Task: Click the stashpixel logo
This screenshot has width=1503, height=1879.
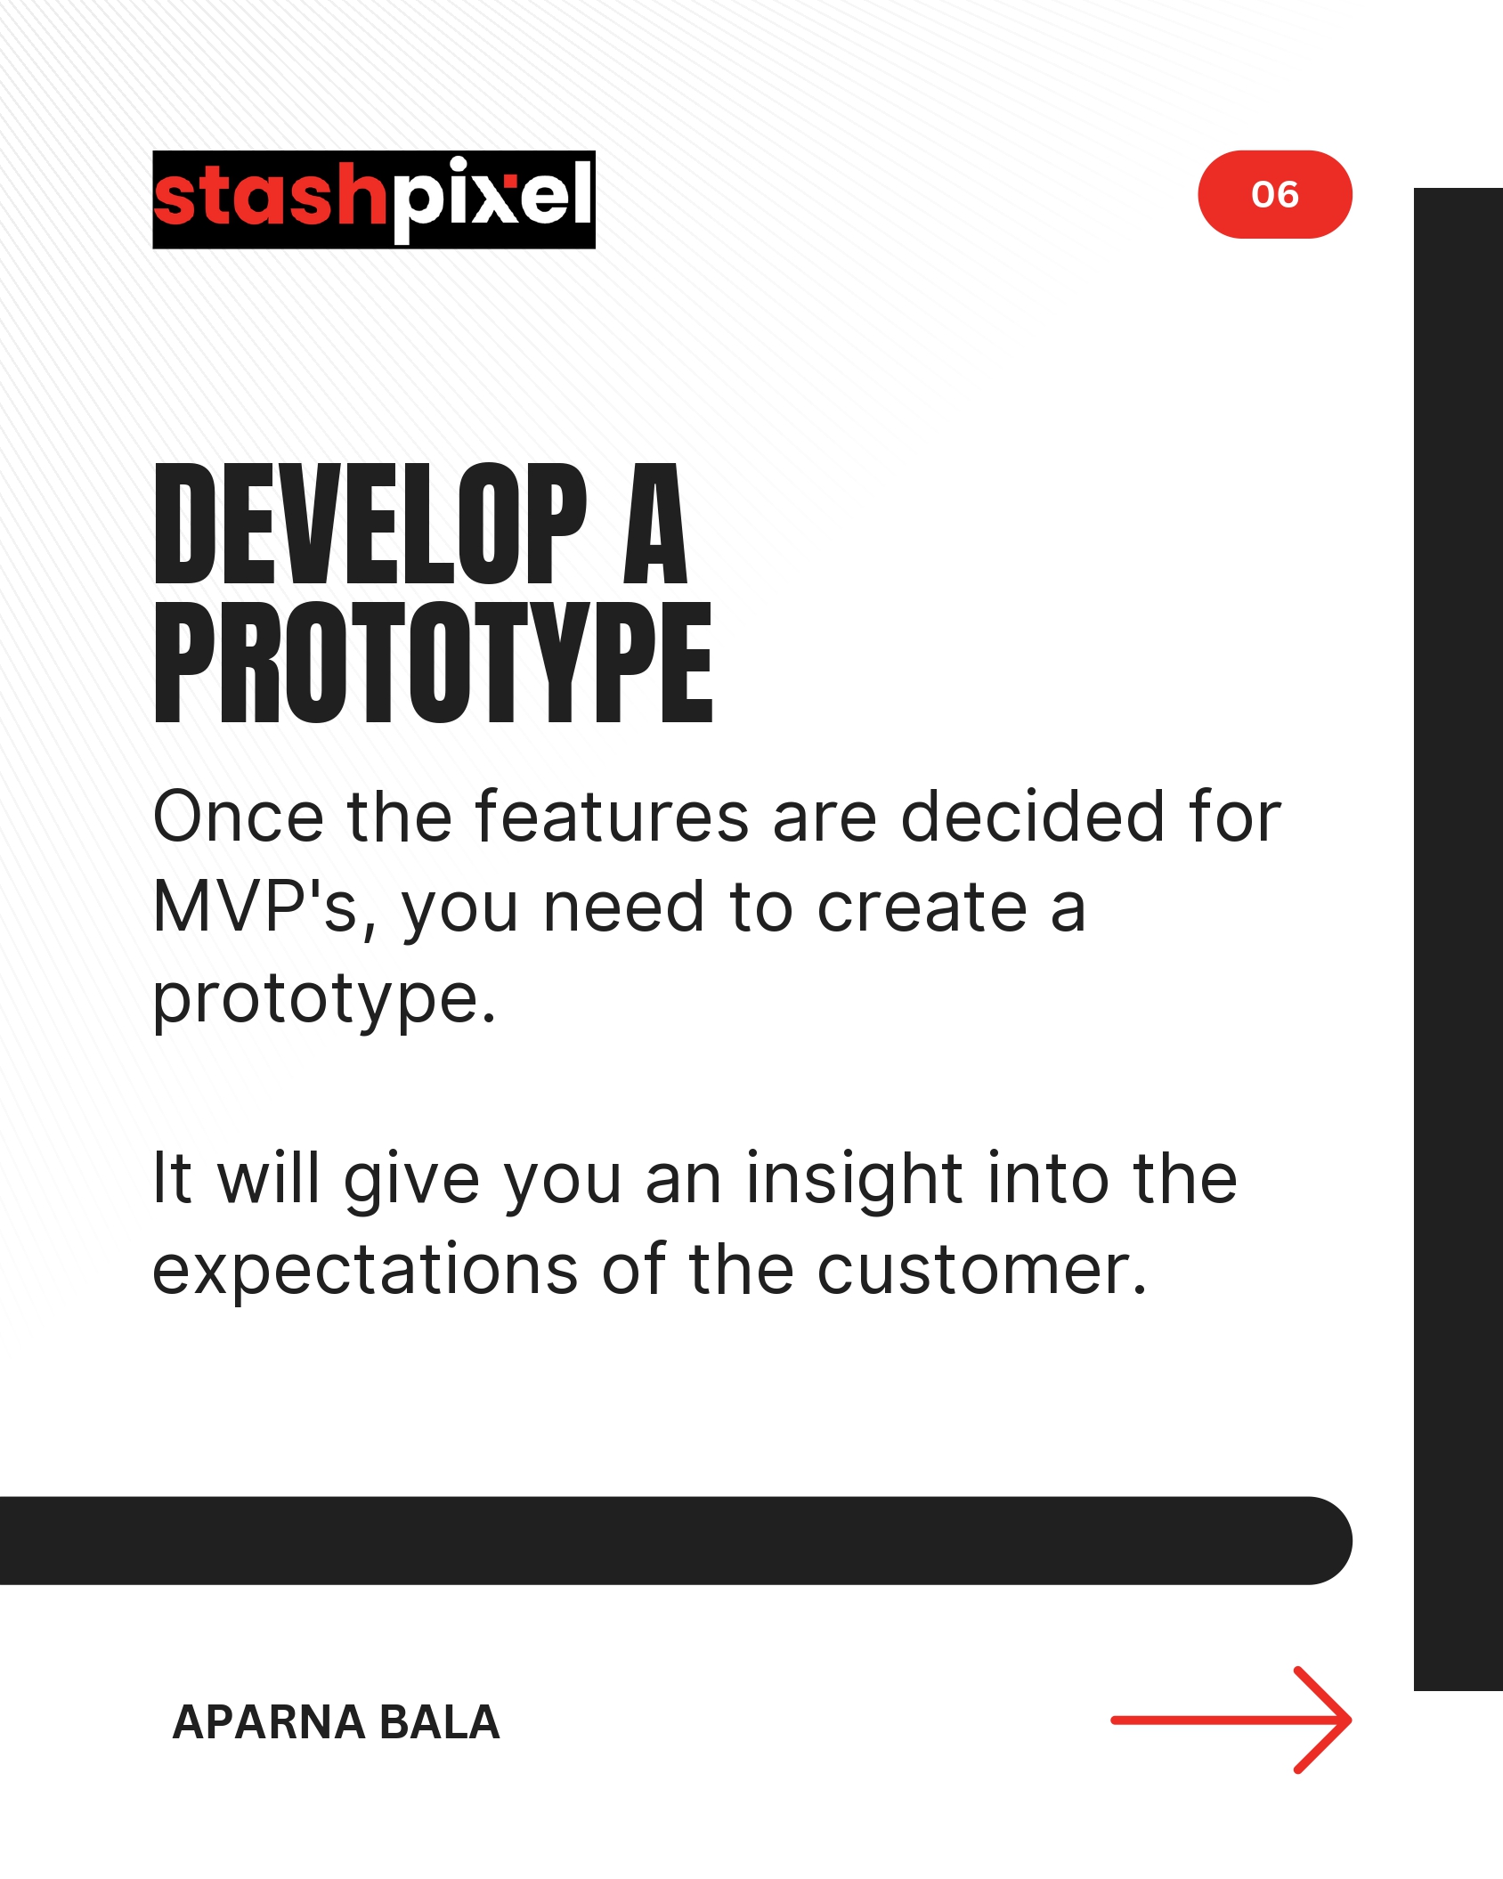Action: pyautogui.click(x=374, y=199)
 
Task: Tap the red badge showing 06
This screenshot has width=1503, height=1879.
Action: pyautogui.click(x=1275, y=194)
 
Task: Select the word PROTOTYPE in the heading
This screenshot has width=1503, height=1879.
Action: pyautogui.click(x=434, y=662)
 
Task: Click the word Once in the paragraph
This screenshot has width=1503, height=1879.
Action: pyautogui.click(x=239, y=816)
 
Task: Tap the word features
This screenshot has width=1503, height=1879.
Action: pyautogui.click(x=613, y=816)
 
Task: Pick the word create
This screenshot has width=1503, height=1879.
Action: pyautogui.click(x=922, y=908)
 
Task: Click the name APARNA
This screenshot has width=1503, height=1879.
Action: pyautogui.click(x=268, y=1722)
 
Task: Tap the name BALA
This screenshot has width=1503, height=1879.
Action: pyautogui.click(x=439, y=1722)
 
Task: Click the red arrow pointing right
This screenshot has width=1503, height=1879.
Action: pyautogui.click(x=1231, y=1720)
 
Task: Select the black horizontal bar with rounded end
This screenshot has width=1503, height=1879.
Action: pyautogui.click(x=676, y=1541)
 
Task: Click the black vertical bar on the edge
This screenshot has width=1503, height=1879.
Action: pyautogui.click(x=1458, y=939)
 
